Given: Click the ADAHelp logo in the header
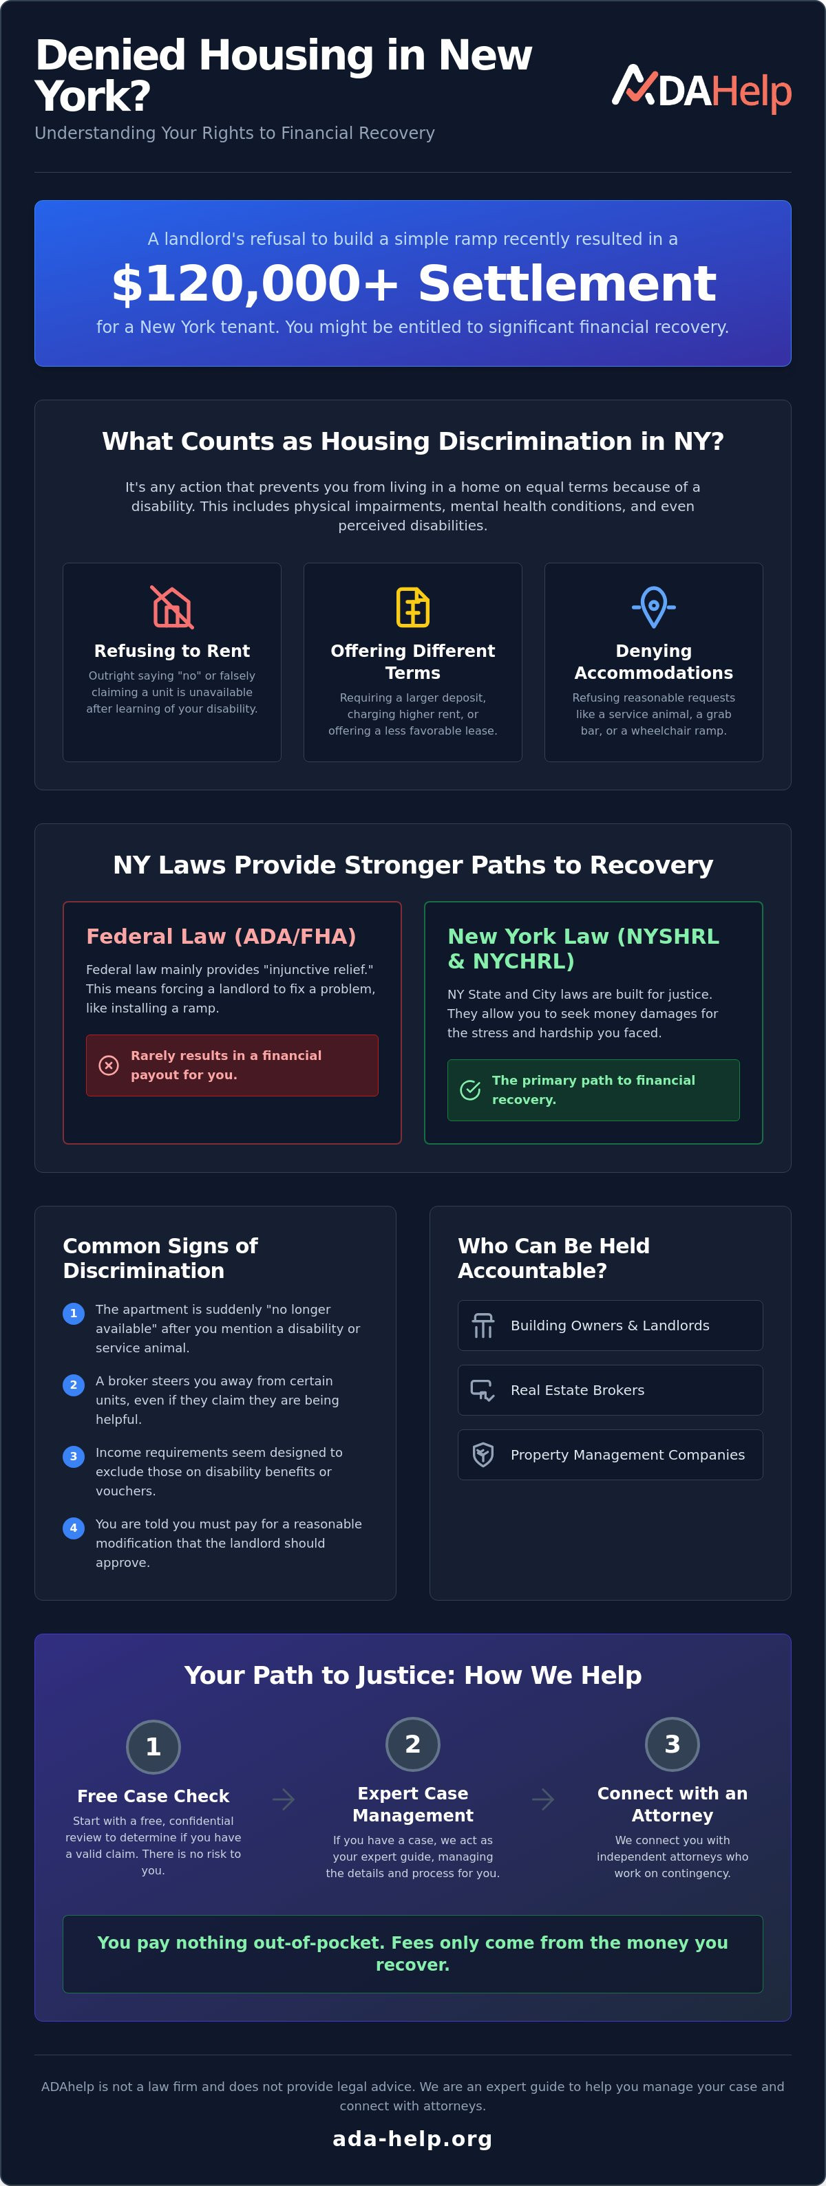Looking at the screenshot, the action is (x=701, y=88).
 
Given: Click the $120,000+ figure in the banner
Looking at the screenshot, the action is (x=255, y=283).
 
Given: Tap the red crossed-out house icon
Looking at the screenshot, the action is (x=172, y=607).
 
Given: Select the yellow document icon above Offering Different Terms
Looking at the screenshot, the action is (x=412, y=607).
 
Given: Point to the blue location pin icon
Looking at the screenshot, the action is (x=654, y=607).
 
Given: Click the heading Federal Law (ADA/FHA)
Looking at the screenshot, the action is (x=221, y=936).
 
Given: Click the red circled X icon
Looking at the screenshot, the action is (x=109, y=1065).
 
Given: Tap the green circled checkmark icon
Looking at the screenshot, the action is (x=470, y=1090).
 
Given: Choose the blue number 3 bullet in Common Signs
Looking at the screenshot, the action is (x=74, y=1457).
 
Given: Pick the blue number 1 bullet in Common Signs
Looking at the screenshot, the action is (x=74, y=1314).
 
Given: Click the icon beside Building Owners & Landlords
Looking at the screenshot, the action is (x=483, y=1325).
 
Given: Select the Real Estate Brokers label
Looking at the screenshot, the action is (x=578, y=1390).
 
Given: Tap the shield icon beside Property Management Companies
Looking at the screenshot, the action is (x=483, y=1455).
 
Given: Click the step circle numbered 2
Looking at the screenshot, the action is (x=412, y=1744).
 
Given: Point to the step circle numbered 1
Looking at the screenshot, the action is (x=153, y=1746).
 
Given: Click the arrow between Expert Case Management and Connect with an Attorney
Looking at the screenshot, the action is (x=543, y=1799).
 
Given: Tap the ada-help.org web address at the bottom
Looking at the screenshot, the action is (x=412, y=2139).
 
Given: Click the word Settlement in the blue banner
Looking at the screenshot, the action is (x=567, y=283).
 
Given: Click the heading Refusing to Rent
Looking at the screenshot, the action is (x=172, y=651).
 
